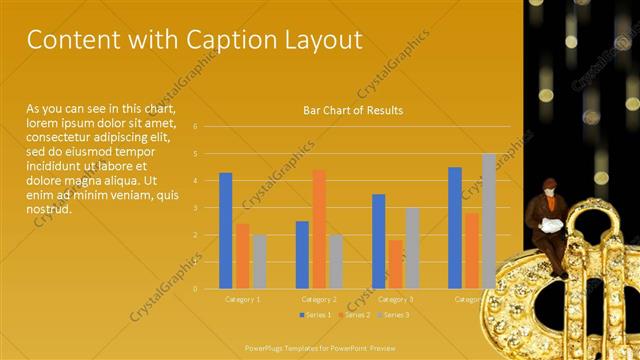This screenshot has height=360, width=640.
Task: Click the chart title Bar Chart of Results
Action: [x=353, y=110]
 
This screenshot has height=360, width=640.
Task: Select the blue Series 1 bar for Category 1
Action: [x=226, y=230]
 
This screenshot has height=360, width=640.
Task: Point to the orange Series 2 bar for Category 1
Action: [x=243, y=255]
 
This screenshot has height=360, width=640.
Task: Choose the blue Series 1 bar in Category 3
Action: [x=378, y=240]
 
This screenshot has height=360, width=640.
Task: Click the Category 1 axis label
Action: [x=242, y=299]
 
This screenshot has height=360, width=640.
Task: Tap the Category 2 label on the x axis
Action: [x=318, y=299]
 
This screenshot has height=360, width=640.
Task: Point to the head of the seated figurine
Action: [x=549, y=186]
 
